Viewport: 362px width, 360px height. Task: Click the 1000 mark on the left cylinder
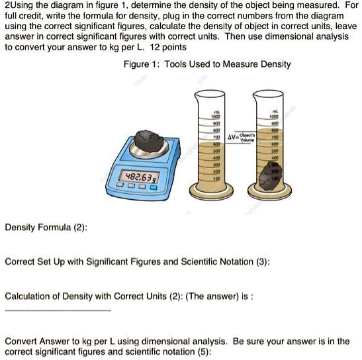pyautogui.click(x=215, y=117)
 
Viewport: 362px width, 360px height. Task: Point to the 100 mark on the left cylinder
pyautogui.click(x=215, y=179)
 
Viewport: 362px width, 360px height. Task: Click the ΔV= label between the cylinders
pyautogui.click(x=234, y=138)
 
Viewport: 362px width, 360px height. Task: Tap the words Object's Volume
pyautogui.click(x=249, y=138)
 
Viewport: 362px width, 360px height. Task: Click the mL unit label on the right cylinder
pyautogui.click(x=274, y=111)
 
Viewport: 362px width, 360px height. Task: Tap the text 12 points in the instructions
pyautogui.click(x=167, y=48)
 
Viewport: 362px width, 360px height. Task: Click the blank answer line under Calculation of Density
pyautogui.click(x=58, y=309)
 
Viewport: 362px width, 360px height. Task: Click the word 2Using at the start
pyautogui.click(x=19, y=6)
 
